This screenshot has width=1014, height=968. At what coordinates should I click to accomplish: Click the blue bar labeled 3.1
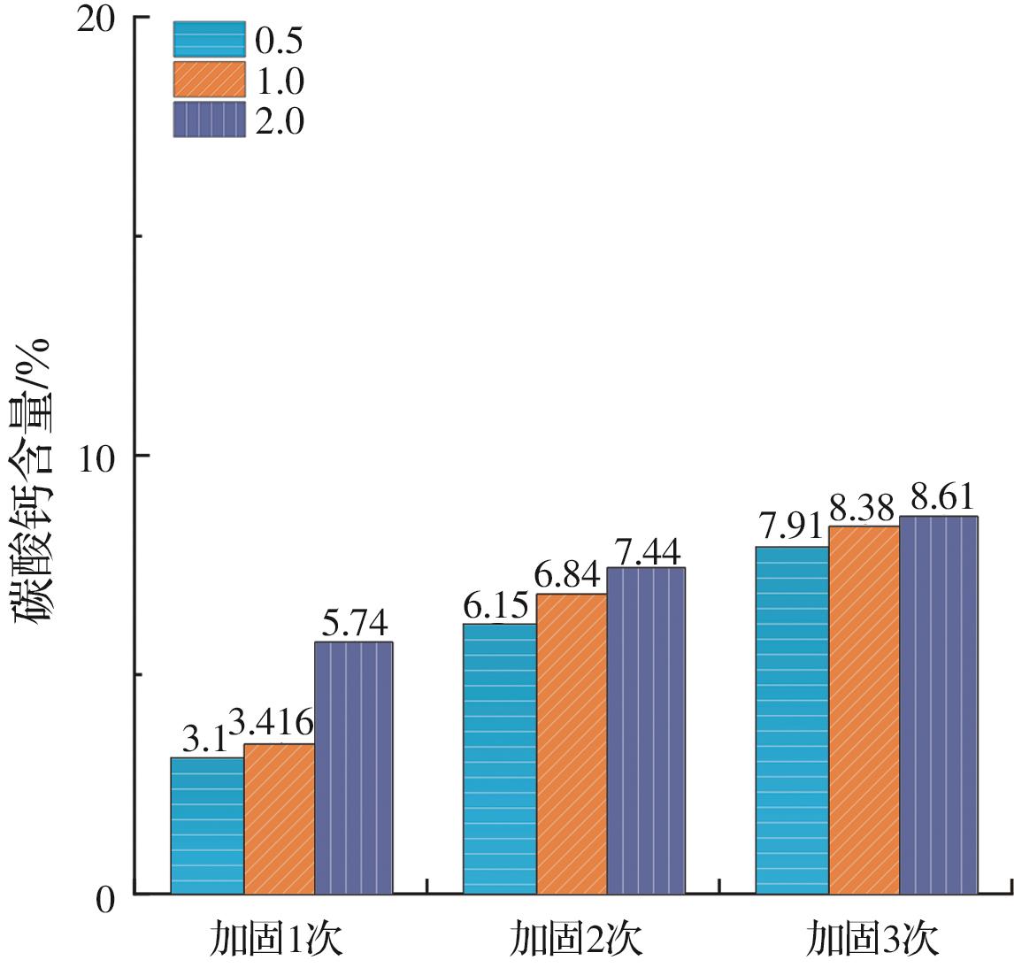[x=207, y=826]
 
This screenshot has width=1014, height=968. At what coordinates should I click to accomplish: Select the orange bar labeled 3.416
[x=279, y=818]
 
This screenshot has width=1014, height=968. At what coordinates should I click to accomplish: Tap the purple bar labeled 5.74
[x=354, y=768]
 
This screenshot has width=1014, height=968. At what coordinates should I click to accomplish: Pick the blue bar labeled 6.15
[x=500, y=758]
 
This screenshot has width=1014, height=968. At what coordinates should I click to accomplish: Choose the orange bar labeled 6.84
[x=572, y=743]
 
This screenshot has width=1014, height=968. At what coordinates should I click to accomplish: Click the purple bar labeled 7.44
[x=646, y=730]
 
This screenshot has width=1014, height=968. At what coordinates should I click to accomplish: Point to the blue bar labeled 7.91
[x=792, y=720]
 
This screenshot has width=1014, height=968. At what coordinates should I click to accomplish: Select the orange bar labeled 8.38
[x=864, y=710]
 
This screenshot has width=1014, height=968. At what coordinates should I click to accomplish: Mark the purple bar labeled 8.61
[x=939, y=704]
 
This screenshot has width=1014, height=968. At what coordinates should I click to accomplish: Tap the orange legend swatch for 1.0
[x=209, y=80]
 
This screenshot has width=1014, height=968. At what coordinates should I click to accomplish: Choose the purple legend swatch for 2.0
[x=209, y=119]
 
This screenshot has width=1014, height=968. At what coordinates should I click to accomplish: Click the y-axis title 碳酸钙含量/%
[x=34, y=482]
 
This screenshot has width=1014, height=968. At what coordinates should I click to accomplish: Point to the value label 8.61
[x=937, y=496]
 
